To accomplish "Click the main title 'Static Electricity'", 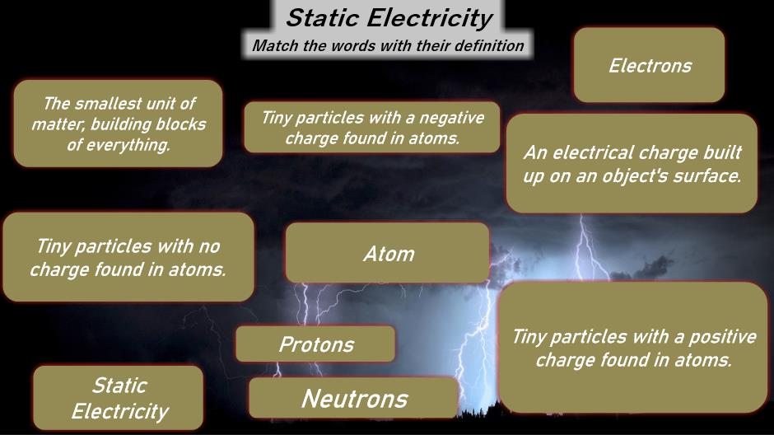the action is (389, 18).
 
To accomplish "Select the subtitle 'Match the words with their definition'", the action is (388, 46).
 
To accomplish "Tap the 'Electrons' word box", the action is (649, 65).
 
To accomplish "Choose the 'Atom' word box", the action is (388, 253).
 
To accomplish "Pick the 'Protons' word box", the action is (315, 344).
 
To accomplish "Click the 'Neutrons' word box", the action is (354, 398).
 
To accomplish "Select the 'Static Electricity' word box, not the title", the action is (119, 397).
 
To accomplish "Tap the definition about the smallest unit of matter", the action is (118, 124).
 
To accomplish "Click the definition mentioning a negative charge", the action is (372, 128).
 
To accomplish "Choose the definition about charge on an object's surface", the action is (632, 163).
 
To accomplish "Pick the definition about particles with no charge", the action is (128, 257).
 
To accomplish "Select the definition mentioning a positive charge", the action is (633, 348).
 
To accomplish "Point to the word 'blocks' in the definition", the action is (180, 124).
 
